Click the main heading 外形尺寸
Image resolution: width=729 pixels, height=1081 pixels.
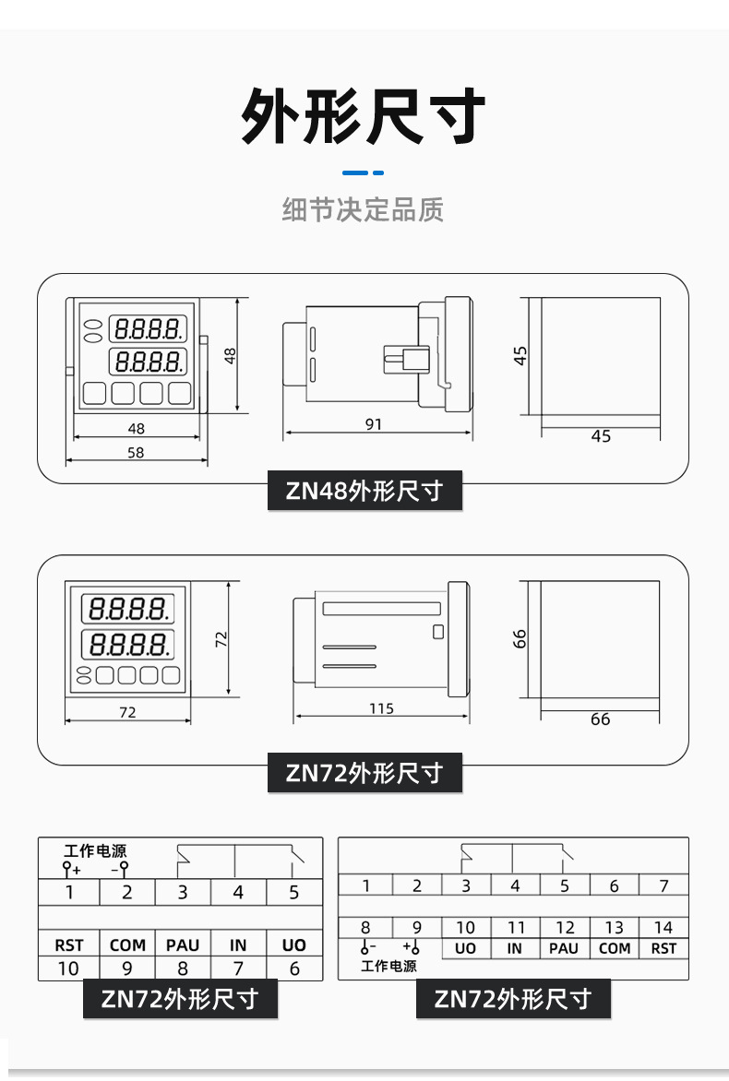click(x=364, y=117)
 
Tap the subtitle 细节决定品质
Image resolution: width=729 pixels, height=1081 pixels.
click(x=363, y=209)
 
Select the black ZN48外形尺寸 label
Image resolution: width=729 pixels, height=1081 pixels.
click(x=364, y=491)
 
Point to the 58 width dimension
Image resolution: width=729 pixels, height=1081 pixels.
click(x=136, y=453)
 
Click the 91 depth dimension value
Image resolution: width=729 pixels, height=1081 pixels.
click(x=374, y=424)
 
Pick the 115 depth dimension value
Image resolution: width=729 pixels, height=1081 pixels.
click(x=381, y=708)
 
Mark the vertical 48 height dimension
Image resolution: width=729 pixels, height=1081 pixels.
click(x=231, y=354)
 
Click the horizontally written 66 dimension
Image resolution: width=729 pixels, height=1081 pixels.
click(x=600, y=719)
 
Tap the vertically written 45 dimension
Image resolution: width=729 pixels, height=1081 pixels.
click(x=521, y=355)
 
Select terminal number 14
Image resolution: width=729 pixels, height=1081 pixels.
click(x=663, y=928)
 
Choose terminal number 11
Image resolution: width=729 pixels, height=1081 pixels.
click(x=515, y=928)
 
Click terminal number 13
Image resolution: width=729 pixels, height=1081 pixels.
click(x=614, y=928)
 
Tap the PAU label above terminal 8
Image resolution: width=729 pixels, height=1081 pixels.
click(x=183, y=945)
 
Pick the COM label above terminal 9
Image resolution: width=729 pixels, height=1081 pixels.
click(x=127, y=945)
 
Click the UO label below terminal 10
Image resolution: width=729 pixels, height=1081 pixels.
click(x=466, y=949)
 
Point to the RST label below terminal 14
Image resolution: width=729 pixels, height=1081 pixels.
click(x=663, y=949)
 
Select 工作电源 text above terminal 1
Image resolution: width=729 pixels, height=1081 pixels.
click(x=95, y=850)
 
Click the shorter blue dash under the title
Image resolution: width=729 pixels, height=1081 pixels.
click(x=377, y=172)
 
